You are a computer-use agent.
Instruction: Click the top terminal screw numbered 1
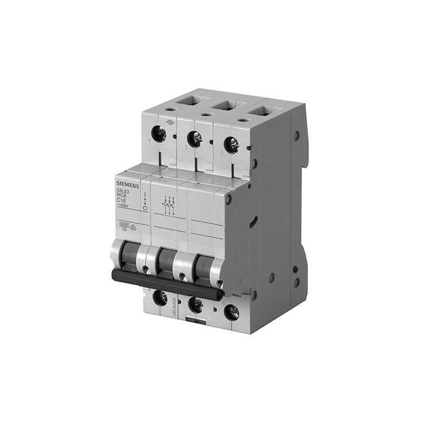tap(160, 132)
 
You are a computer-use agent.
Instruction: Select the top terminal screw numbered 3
tap(194, 138)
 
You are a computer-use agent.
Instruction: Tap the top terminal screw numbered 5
tap(231, 145)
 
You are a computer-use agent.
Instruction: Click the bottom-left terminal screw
tap(160, 297)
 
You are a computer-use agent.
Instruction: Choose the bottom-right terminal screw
tap(232, 311)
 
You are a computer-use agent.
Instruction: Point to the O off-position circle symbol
tap(145, 208)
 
